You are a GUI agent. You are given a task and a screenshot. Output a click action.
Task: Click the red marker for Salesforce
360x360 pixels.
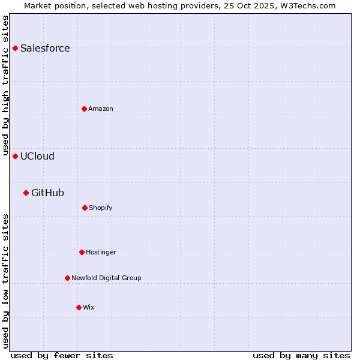16,48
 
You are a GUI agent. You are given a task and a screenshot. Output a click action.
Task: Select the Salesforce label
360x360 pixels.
45,49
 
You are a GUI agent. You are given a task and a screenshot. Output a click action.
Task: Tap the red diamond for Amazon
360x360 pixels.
84,109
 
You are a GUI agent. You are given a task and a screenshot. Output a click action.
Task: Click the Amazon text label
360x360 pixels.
101,109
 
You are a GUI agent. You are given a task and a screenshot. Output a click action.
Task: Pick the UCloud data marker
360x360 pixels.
16,156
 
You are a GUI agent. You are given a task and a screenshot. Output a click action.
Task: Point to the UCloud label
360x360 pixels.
37,157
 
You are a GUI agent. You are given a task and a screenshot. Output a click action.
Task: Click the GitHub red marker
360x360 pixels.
26,193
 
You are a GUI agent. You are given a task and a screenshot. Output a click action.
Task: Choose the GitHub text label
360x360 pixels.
47,193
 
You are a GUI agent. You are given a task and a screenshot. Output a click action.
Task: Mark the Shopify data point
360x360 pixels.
85,208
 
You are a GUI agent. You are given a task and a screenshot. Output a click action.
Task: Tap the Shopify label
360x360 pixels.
101,208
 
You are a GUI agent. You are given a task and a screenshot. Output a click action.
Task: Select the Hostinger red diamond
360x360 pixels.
82,252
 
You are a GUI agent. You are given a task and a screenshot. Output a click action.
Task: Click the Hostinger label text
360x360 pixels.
101,253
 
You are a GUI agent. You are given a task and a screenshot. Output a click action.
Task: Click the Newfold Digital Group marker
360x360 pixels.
67,278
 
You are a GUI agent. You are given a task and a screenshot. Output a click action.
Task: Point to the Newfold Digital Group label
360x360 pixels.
106,278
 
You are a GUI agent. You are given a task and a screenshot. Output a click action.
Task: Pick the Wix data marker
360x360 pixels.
79,307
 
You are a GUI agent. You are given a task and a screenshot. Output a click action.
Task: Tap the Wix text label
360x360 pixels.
89,308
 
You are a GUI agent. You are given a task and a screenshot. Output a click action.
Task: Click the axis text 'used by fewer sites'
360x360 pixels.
62,355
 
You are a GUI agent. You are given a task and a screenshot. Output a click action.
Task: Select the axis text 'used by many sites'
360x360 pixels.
301,355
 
